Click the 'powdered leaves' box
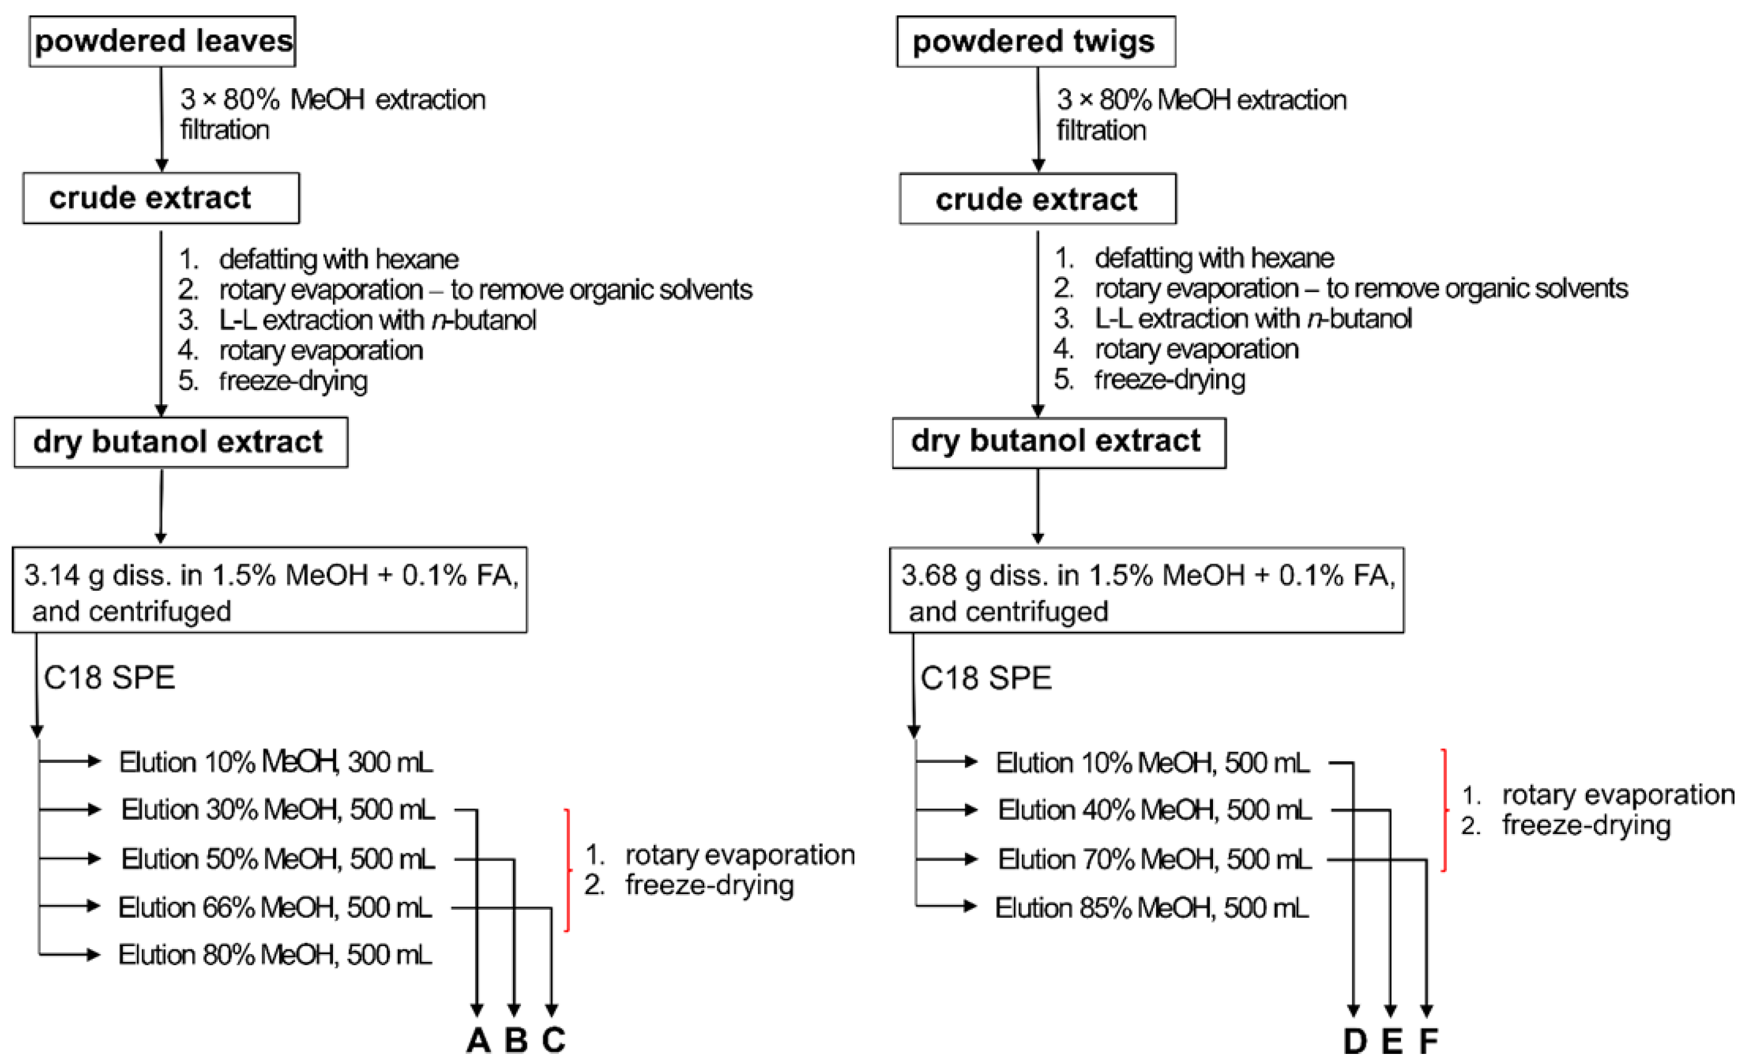point(162,41)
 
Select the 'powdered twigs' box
point(1035,41)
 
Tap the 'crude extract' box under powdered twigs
point(1037,199)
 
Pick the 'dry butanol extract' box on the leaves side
point(180,442)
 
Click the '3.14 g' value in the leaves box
point(54,575)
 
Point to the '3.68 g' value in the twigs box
point(930,575)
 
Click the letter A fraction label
point(478,1041)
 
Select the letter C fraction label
point(553,1041)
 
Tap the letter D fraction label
point(1354,1041)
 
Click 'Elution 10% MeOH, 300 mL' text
point(276,762)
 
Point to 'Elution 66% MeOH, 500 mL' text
point(275,907)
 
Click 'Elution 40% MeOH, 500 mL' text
point(1154,810)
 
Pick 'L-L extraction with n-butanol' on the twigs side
point(1252,319)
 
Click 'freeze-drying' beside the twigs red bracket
point(1586,825)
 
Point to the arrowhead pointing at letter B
point(514,1010)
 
